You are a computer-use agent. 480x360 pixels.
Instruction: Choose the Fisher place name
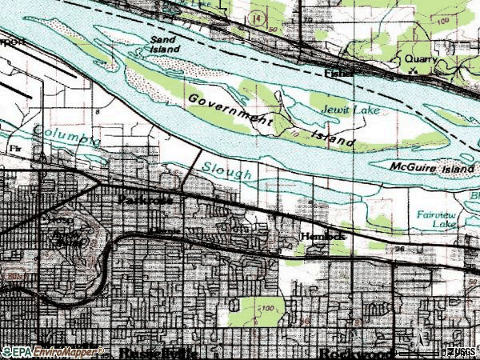coord(338,72)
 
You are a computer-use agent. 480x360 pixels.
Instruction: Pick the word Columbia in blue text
coord(67,138)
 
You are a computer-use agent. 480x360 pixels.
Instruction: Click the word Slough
coord(226,170)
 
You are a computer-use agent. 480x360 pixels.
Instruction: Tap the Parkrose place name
coord(145,198)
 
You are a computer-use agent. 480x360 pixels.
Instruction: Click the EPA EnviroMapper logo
coord(52,351)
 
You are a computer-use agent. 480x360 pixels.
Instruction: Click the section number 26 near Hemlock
coord(398,249)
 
